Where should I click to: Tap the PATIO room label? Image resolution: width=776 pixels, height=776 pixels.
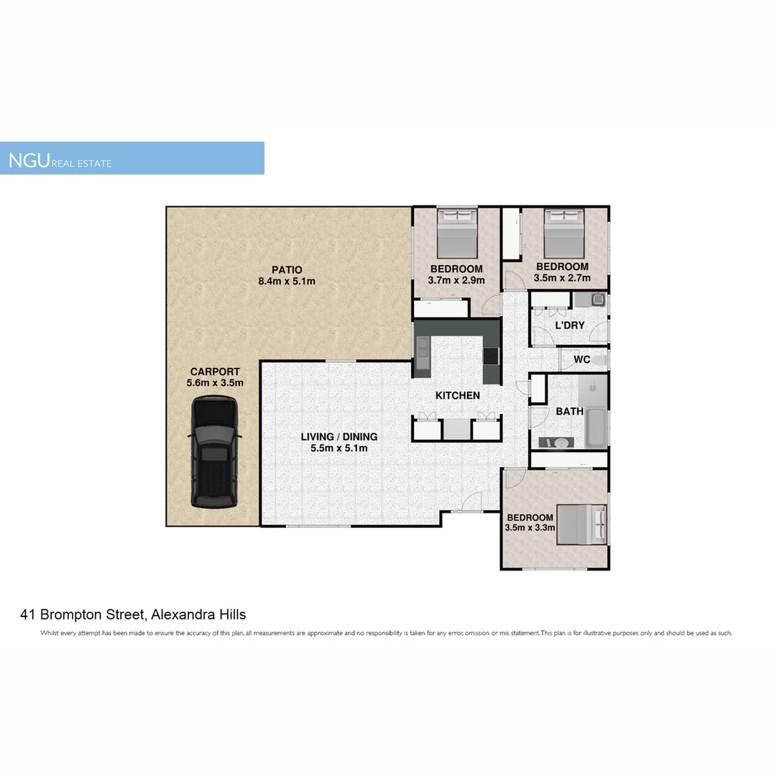click(x=287, y=269)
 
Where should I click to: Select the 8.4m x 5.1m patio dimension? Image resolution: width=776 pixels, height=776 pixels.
click(x=287, y=281)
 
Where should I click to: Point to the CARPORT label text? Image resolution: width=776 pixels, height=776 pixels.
click(x=215, y=371)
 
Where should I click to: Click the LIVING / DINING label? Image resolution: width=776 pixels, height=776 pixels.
click(x=338, y=436)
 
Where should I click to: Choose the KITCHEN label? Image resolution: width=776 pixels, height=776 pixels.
click(x=458, y=395)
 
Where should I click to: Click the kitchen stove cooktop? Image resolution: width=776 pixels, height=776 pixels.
click(x=491, y=355)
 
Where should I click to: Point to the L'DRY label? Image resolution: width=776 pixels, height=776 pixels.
click(x=570, y=325)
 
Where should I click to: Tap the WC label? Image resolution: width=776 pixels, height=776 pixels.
click(x=582, y=359)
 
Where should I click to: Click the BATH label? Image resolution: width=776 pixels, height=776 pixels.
click(x=569, y=412)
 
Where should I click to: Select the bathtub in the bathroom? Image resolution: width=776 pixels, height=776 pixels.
click(x=596, y=428)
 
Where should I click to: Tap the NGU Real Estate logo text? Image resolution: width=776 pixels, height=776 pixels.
click(x=60, y=160)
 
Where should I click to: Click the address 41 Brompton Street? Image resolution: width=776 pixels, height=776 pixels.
click(x=133, y=614)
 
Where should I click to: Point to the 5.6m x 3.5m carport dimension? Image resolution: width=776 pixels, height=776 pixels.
click(x=215, y=383)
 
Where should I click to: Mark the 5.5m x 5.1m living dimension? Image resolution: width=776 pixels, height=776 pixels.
click(x=338, y=448)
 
